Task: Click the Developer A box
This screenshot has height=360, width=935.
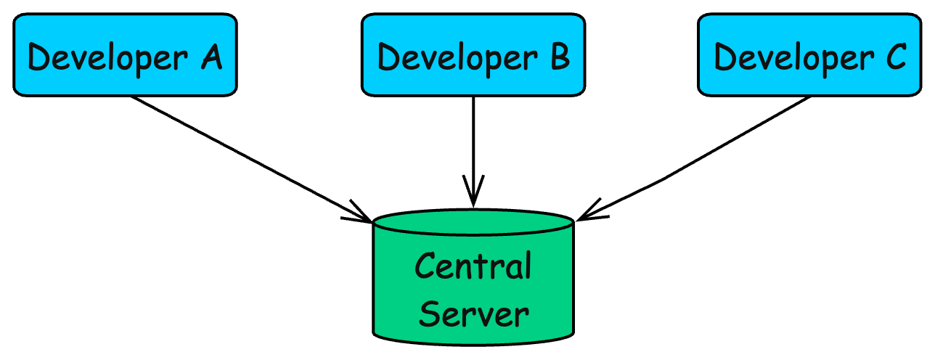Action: [125, 54]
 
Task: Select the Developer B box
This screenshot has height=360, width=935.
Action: [473, 54]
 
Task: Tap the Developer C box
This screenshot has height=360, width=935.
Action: [810, 54]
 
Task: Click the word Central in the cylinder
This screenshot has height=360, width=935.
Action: [473, 266]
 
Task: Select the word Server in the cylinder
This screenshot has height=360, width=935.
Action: [473, 314]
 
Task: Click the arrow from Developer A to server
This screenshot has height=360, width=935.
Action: [247, 156]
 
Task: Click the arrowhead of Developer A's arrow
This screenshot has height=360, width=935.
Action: [364, 215]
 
